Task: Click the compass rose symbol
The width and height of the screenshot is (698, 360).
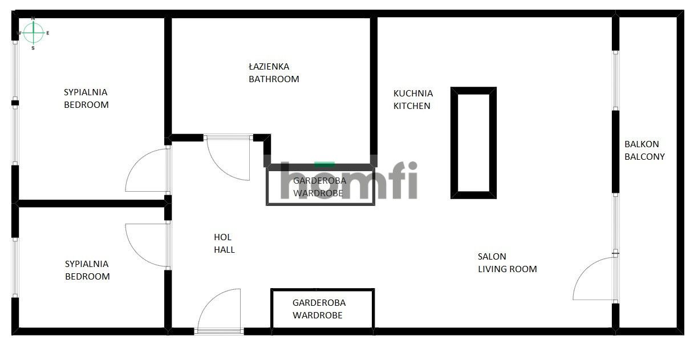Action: pos(34,33)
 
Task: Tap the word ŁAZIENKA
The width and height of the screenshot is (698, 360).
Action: pos(269,67)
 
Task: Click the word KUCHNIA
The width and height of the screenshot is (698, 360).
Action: pos(413,93)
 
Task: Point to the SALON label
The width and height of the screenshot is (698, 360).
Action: pos(492,257)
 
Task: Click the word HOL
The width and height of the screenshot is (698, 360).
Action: pos(222,237)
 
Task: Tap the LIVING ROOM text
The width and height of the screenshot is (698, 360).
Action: pos(507,269)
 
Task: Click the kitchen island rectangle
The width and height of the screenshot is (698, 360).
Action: pos(473,143)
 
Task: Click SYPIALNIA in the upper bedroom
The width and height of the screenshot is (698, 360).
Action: pos(86,92)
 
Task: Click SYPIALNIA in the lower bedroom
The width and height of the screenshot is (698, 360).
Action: pos(87,264)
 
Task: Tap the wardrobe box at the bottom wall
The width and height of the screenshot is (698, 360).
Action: pos(322,309)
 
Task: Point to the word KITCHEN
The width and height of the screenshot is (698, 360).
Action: pos(412,106)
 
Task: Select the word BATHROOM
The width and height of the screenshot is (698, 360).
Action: pos(274,79)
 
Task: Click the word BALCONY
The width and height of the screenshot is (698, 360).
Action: pos(644,156)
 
